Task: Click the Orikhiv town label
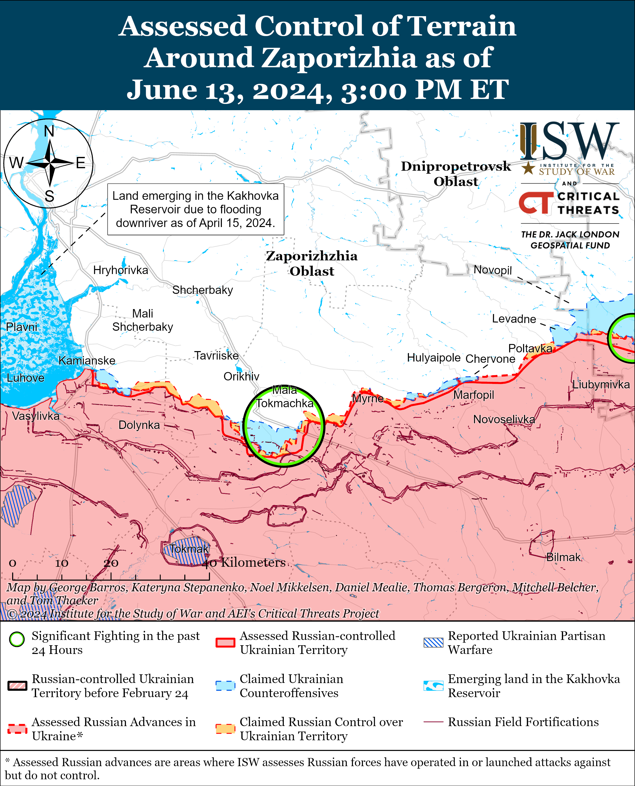[x=242, y=376]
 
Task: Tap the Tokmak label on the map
[x=189, y=549]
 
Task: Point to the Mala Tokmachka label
[x=284, y=397]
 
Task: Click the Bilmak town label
[x=563, y=557]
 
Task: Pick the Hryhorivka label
[x=121, y=270]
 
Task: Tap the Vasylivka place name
[x=36, y=416]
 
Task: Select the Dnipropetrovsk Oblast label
[x=456, y=174]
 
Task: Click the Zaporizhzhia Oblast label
[x=312, y=263]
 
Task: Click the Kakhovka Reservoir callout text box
[x=196, y=209]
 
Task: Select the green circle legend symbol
[x=17, y=639]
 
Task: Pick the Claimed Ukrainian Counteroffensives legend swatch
[x=225, y=686]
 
